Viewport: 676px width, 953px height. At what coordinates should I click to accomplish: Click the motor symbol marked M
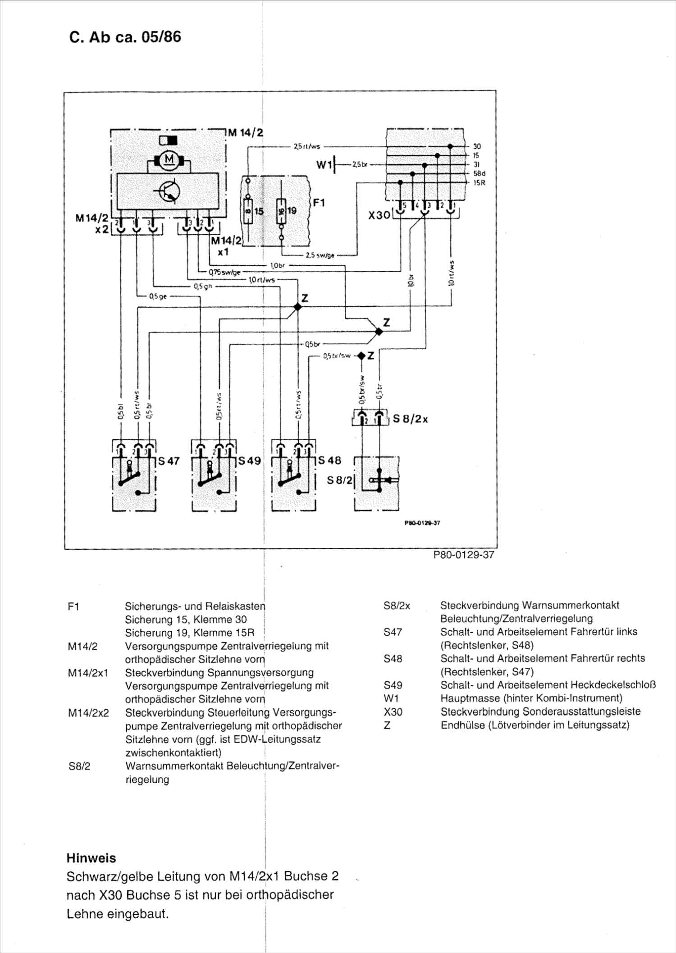(x=169, y=160)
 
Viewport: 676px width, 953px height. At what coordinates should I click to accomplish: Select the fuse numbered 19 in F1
(x=281, y=210)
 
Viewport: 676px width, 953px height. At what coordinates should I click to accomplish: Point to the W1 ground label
(x=324, y=165)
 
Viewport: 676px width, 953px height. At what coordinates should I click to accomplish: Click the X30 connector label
(x=379, y=215)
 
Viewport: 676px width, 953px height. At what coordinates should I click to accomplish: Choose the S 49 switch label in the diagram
(x=250, y=461)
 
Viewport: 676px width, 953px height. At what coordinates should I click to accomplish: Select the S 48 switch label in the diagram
(x=329, y=461)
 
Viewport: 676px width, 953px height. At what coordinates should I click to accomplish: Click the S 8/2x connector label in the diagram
(x=410, y=419)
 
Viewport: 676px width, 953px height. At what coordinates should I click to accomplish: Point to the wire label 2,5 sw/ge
(x=320, y=255)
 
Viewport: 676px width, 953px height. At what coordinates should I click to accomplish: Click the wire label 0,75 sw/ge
(x=224, y=272)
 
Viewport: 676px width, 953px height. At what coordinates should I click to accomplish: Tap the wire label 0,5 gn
(x=203, y=286)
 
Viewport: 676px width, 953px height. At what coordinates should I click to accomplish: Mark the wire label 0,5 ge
(x=157, y=296)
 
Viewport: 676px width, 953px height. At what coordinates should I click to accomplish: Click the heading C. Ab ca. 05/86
(x=125, y=37)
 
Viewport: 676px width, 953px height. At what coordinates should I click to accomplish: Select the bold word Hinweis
(x=91, y=858)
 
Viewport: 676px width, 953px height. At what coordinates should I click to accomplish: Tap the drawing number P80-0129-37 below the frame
(x=463, y=555)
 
